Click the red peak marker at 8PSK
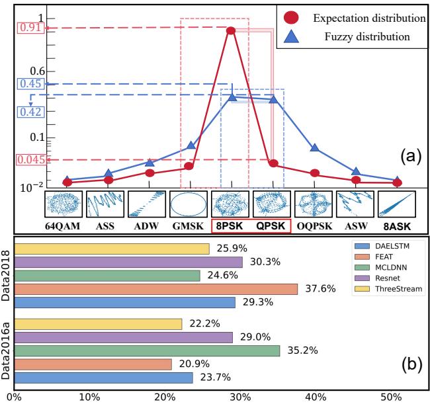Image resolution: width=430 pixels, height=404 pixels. (231, 30)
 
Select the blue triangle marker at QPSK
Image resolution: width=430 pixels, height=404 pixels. (273, 99)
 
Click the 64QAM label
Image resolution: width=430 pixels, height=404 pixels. (63, 226)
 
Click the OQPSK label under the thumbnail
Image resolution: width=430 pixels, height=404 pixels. (314, 226)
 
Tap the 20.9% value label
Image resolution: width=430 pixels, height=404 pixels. (190, 364)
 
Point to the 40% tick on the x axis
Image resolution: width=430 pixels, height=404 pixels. (316, 397)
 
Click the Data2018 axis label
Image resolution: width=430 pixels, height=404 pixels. (7, 275)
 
